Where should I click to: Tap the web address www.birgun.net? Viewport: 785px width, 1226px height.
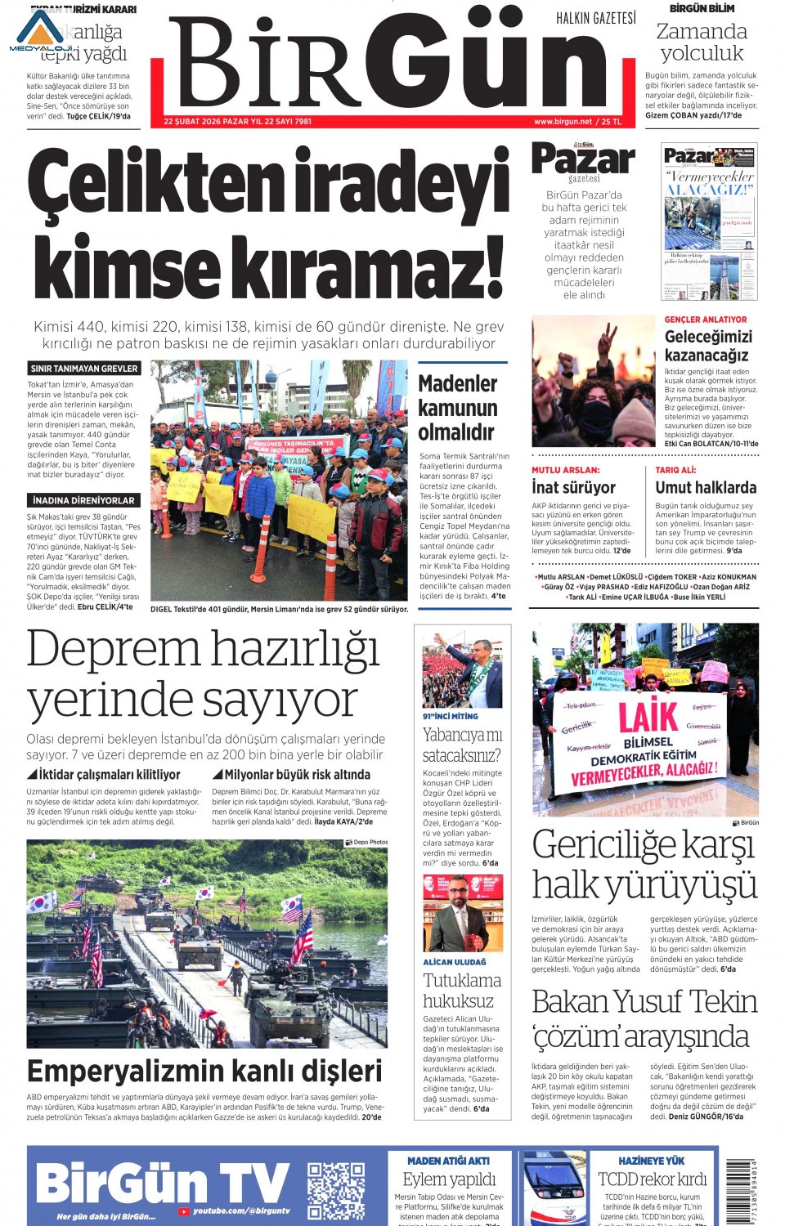(x=563, y=122)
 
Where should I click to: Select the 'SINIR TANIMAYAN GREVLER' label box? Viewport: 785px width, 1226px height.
(x=84, y=369)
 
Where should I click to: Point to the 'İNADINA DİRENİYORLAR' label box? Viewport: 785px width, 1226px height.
(x=84, y=499)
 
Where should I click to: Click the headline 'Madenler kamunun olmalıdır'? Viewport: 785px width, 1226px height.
(x=458, y=407)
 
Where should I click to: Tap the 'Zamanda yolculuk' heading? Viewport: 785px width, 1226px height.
(x=702, y=43)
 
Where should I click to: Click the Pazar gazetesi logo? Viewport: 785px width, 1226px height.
(x=583, y=161)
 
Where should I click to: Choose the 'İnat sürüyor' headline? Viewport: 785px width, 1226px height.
(x=573, y=487)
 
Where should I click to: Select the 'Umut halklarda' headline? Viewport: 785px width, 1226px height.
(x=706, y=487)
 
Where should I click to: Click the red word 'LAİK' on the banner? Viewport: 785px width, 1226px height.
(x=648, y=717)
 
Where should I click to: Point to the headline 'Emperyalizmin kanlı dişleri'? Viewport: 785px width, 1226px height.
(x=204, y=1071)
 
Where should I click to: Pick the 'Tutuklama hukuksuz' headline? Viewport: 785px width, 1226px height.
(x=462, y=991)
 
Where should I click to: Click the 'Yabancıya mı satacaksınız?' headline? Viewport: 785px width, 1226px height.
(x=462, y=745)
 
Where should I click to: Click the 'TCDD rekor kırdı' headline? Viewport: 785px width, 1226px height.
(x=652, y=1179)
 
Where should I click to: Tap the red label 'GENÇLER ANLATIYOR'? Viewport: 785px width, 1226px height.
(x=706, y=320)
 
